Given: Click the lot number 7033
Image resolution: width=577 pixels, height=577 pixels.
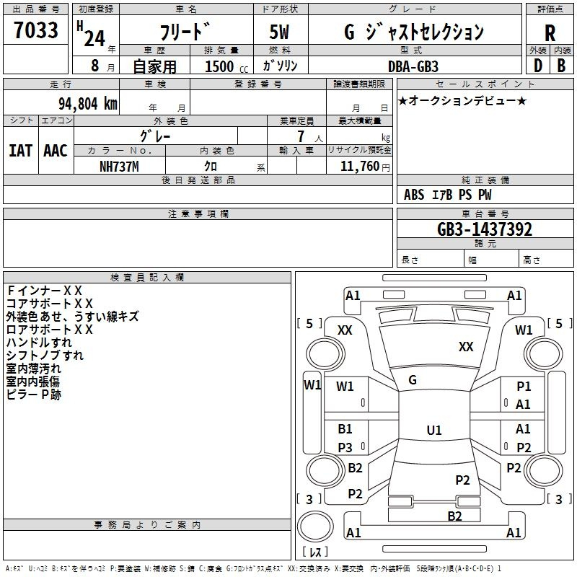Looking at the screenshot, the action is point(36,30).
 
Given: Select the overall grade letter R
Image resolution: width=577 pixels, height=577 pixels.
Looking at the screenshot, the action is point(550,33).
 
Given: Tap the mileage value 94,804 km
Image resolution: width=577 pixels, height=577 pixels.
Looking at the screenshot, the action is point(88,104).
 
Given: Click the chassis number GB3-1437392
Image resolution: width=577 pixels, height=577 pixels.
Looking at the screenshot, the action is point(484,229).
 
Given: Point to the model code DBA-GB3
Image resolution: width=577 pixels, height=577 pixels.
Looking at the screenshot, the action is point(413,66).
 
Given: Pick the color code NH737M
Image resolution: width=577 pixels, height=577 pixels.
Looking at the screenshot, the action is point(119,167).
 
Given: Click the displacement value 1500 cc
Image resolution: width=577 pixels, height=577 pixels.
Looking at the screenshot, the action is point(226,66).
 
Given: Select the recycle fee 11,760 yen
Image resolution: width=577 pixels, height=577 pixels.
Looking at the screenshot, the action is point(365,167).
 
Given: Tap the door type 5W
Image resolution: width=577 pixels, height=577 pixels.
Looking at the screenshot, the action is point(279,32).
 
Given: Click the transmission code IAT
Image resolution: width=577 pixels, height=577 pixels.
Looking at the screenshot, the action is point(20,151).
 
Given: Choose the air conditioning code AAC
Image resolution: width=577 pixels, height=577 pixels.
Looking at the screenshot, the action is point(56,151).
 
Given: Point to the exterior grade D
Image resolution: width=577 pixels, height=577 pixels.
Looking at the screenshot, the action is point(538,66).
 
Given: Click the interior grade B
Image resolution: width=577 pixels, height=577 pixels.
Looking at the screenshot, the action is point(561,66).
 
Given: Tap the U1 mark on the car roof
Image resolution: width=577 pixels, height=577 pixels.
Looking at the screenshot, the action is point(434,430).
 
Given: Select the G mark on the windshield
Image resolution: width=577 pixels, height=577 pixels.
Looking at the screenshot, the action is point(413,380).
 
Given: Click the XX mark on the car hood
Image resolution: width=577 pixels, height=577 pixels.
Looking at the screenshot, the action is point(466,347).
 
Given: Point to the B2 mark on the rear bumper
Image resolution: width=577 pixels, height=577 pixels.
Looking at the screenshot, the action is point(455,516).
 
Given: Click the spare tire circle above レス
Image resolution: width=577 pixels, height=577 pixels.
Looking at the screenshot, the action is point(315,526).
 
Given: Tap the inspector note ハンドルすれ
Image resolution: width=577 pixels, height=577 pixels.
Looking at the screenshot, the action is point(40,343).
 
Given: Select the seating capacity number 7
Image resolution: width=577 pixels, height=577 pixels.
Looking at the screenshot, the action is point(301,136).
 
